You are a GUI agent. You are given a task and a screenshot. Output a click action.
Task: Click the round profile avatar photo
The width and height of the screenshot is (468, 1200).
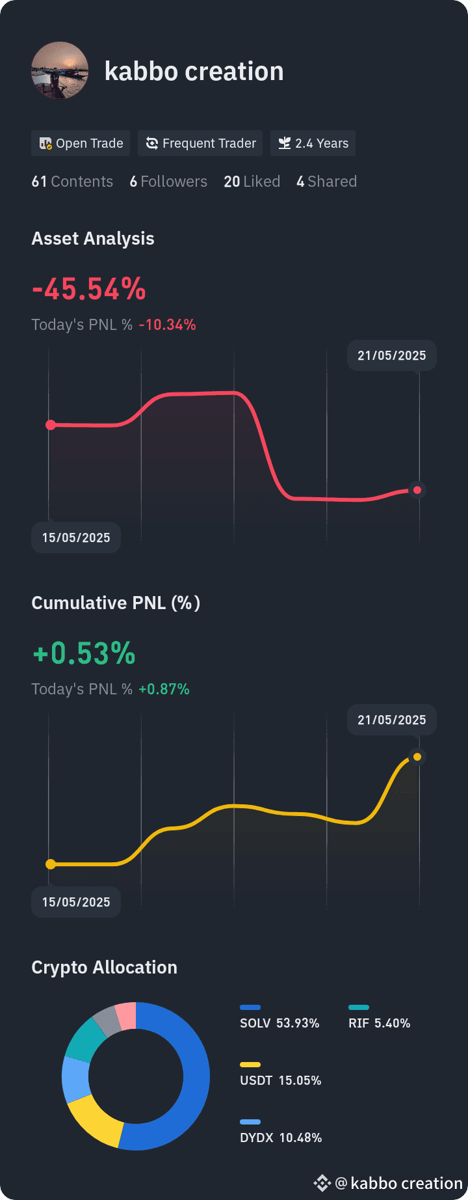coord(60,70)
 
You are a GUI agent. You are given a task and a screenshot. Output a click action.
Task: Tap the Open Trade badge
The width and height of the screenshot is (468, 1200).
coord(81,143)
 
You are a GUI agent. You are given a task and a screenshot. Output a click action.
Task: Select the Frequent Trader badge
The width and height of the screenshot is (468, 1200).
coord(200,143)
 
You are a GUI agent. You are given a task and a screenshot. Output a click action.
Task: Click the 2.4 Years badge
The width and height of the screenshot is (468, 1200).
coord(313,143)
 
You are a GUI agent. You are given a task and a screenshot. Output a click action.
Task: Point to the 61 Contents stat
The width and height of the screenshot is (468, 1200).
coord(72,182)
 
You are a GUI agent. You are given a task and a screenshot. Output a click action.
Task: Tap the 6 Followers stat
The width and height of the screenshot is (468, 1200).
coord(168,182)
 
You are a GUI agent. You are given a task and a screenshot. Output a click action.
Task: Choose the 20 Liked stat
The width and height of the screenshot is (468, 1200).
coord(252,182)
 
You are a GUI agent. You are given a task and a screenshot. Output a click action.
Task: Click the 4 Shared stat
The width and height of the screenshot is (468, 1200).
coord(327,182)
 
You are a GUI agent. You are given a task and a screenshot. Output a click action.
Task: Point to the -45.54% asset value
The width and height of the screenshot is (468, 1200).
coord(89,289)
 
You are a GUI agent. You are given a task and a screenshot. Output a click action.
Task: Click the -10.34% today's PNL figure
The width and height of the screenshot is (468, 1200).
coord(168,325)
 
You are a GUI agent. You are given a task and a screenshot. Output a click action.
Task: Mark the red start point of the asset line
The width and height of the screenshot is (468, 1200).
coord(51,425)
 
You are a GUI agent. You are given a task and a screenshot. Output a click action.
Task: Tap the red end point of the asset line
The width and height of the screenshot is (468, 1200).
coord(417,490)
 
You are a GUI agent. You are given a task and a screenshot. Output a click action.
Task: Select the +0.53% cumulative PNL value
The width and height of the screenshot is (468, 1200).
coord(84,653)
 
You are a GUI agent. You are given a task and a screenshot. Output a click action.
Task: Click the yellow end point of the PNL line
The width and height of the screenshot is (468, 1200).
coord(417,757)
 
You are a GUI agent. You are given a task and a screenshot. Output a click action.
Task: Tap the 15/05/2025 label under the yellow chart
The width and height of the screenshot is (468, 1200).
coord(76,902)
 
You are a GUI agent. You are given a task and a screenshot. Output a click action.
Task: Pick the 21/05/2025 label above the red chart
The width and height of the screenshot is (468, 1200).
coord(392,355)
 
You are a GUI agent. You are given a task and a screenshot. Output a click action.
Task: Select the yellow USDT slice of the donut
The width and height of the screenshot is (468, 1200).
coord(95,1121)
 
